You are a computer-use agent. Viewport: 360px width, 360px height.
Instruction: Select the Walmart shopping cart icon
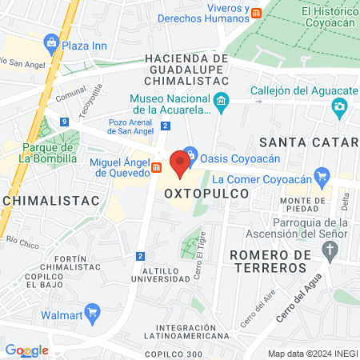92,312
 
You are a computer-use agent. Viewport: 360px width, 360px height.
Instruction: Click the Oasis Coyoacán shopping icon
190,153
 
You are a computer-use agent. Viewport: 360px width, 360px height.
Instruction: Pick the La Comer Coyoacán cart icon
322,175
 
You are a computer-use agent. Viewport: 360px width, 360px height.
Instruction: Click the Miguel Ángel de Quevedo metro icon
158,167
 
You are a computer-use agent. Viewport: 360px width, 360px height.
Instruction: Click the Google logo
27,350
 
